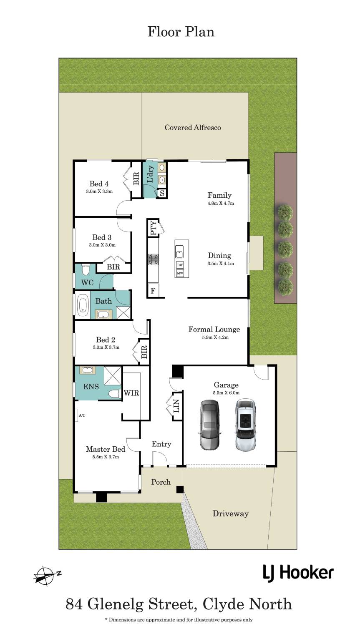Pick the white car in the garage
click(245, 424)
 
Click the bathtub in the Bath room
click(83, 305)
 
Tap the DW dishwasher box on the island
click(180, 265)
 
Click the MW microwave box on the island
click(180, 273)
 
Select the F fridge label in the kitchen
click(153, 291)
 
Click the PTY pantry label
click(154, 228)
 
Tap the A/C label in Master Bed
click(82, 415)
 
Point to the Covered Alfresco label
click(193, 127)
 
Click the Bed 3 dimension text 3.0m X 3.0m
click(102, 245)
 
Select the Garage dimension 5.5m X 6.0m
click(226, 392)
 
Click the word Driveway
click(230, 513)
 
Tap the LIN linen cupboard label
click(176, 406)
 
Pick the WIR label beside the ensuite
click(131, 393)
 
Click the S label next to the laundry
click(162, 193)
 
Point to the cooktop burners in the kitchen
click(154, 259)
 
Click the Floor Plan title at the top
click(181, 32)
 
